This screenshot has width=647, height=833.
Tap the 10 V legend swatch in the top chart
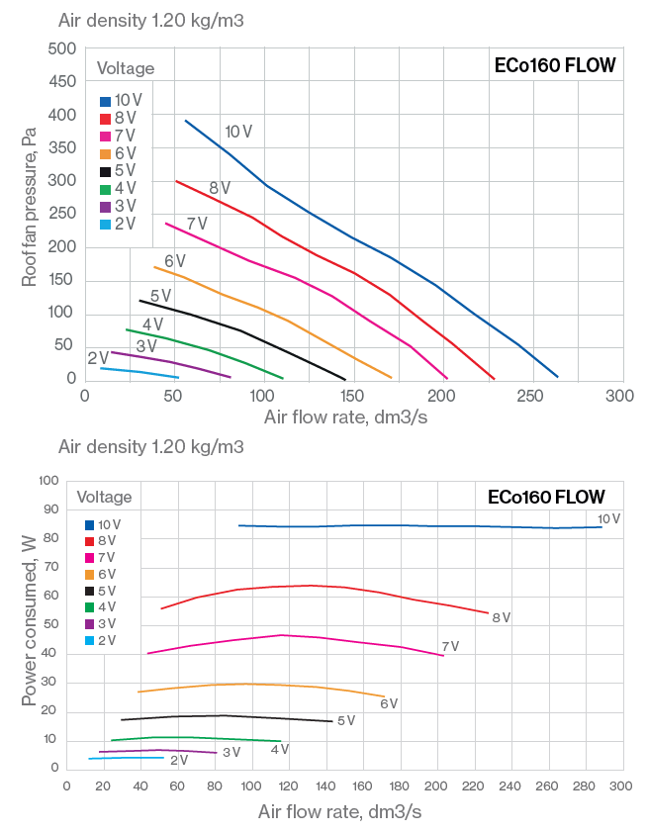[105, 101]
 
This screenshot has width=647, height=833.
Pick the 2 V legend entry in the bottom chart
[100, 640]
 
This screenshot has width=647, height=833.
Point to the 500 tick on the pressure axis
[62, 48]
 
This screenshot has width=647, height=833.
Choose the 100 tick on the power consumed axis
[48, 480]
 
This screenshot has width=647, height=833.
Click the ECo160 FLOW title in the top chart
[555, 66]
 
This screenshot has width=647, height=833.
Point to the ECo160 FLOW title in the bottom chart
[546, 497]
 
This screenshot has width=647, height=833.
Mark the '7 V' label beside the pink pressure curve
[197, 224]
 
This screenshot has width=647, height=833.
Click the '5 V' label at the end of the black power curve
[346, 720]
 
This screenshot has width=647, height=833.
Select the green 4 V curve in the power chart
[198, 738]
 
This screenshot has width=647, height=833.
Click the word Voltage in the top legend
[126, 68]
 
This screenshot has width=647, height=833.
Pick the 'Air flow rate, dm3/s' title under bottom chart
[339, 812]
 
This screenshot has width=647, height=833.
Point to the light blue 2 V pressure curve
[139, 372]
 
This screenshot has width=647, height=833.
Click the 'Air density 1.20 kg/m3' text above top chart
[151, 20]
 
